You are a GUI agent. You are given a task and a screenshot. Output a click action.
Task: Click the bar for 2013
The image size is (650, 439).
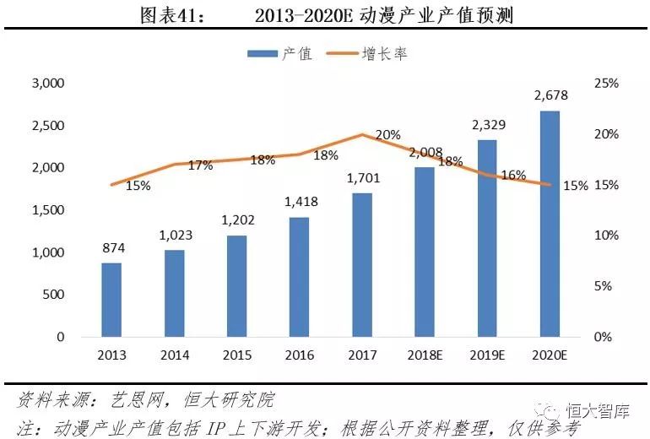tap(111, 300)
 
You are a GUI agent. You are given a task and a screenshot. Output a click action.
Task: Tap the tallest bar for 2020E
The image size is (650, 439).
tap(550, 224)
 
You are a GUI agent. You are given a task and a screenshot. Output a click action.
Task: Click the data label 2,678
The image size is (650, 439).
tap(550, 96)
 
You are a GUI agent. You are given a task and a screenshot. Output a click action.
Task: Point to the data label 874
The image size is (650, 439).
tap(111, 249)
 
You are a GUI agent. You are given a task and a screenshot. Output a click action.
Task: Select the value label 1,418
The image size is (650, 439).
tap(300, 203)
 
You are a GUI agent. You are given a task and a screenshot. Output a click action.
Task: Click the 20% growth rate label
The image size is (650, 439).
tap(388, 134)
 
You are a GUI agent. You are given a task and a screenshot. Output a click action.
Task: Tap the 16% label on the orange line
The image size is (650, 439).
tap(513, 176)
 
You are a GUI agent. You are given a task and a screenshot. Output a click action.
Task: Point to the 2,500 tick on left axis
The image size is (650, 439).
tap(47, 126)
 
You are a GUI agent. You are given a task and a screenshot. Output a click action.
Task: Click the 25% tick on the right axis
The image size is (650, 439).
tap(606, 84)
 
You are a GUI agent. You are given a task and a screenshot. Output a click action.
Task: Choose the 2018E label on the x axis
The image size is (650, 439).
tap(425, 355)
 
